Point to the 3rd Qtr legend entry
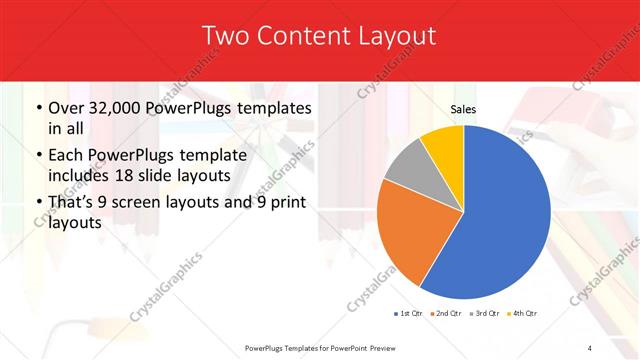point(486,313)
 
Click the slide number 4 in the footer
point(590,347)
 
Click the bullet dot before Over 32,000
point(38,108)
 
